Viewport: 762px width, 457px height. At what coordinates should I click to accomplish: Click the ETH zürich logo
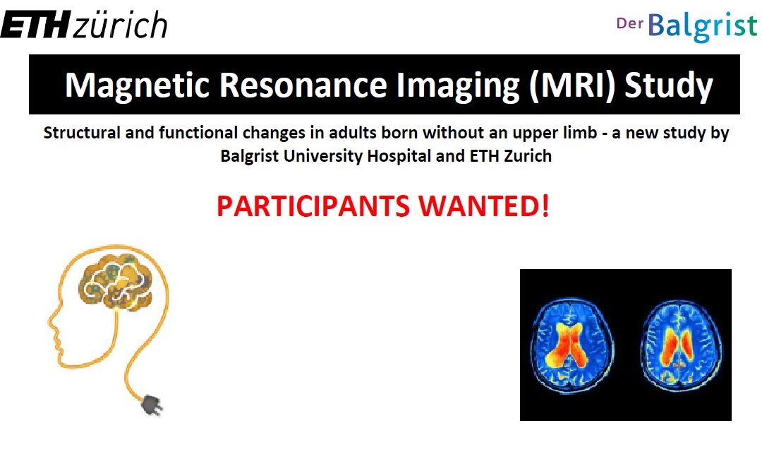coord(84,24)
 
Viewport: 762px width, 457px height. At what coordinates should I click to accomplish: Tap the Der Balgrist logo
coord(687,26)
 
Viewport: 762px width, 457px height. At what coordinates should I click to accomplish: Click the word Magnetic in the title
coord(138,85)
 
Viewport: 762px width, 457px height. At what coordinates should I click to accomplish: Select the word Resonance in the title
coord(303,85)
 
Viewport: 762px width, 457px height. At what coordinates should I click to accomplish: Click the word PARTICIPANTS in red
coord(313,206)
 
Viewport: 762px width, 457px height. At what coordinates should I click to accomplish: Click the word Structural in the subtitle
coord(82,133)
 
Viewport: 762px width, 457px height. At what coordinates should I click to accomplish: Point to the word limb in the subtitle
coord(581,133)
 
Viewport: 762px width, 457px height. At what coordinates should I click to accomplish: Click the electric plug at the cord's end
coord(152,405)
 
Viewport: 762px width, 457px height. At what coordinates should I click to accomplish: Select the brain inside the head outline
coord(115,282)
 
